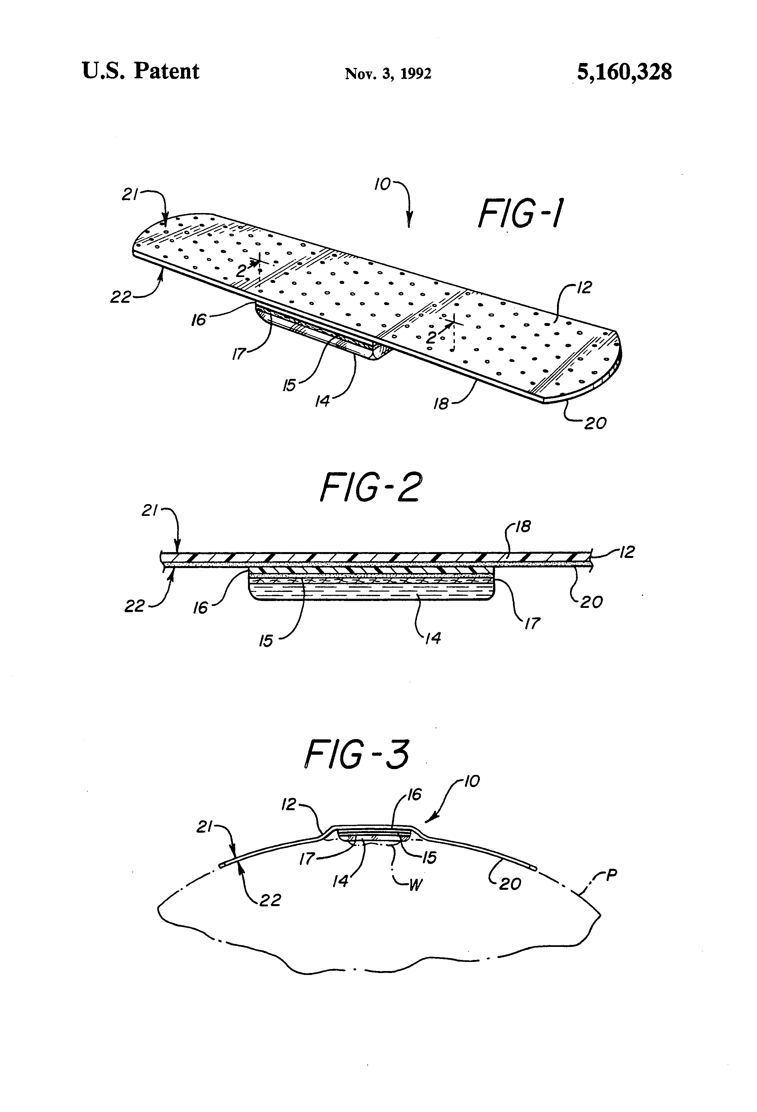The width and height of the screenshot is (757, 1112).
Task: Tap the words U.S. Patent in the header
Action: click(x=141, y=71)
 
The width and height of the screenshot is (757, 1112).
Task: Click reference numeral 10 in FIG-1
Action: click(x=382, y=184)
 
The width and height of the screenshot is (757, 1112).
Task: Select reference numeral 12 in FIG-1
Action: click(x=585, y=287)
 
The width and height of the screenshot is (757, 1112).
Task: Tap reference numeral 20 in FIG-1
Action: click(x=595, y=423)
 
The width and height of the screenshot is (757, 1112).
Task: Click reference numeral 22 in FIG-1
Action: click(x=120, y=297)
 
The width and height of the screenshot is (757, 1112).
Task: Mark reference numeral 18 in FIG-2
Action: click(x=523, y=527)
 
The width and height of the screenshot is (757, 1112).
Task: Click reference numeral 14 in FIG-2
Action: click(x=433, y=637)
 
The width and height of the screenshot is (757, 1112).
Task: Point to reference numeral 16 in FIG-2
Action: click(x=200, y=608)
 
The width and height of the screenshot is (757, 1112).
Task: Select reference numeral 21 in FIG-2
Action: click(x=150, y=511)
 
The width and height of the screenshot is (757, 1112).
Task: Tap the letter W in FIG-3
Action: click(x=415, y=885)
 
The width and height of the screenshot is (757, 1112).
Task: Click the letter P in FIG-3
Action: click(x=611, y=875)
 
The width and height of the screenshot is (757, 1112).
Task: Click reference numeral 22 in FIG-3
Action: click(x=270, y=900)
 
